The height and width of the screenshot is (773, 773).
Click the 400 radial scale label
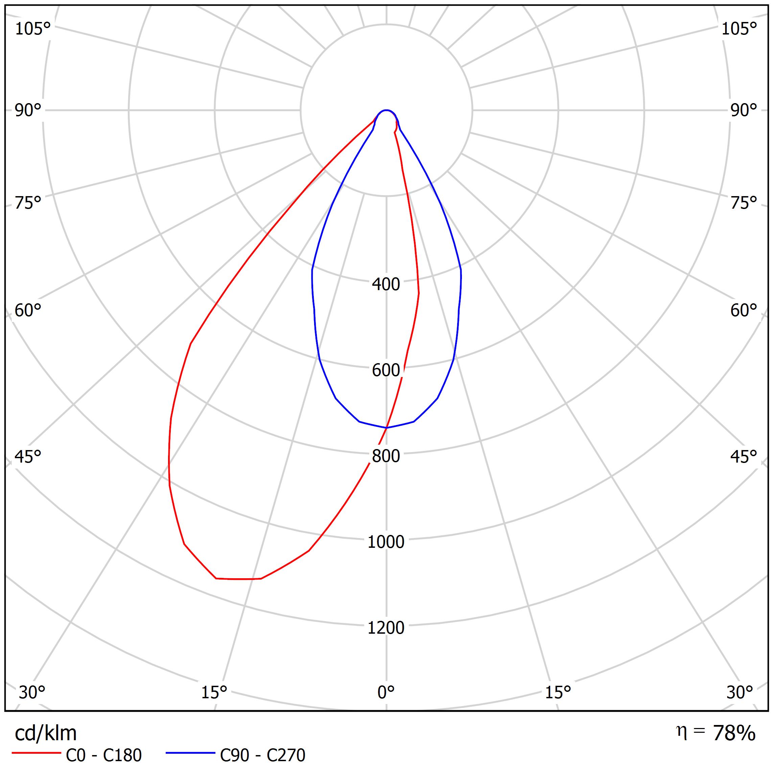tap(386, 284)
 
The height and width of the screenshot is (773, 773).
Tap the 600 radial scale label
tap(386, 371)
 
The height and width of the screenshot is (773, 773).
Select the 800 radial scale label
tap(386, 456)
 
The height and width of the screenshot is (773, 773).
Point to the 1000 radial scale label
tap(386, 542)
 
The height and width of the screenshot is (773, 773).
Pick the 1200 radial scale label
tap(386, 628)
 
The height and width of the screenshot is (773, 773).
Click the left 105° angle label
tap(33, 29)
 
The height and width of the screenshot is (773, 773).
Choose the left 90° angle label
tap(28, 111)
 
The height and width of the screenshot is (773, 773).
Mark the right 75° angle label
tap(743, 203)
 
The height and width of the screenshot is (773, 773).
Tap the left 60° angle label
tap(28, 310)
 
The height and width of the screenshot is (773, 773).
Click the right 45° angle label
tap(743, 457)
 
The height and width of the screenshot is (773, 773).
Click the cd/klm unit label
tap(46, 734)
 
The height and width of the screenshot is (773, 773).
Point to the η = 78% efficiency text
tap(716, 733)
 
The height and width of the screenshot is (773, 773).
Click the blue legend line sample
tap(190, 753)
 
